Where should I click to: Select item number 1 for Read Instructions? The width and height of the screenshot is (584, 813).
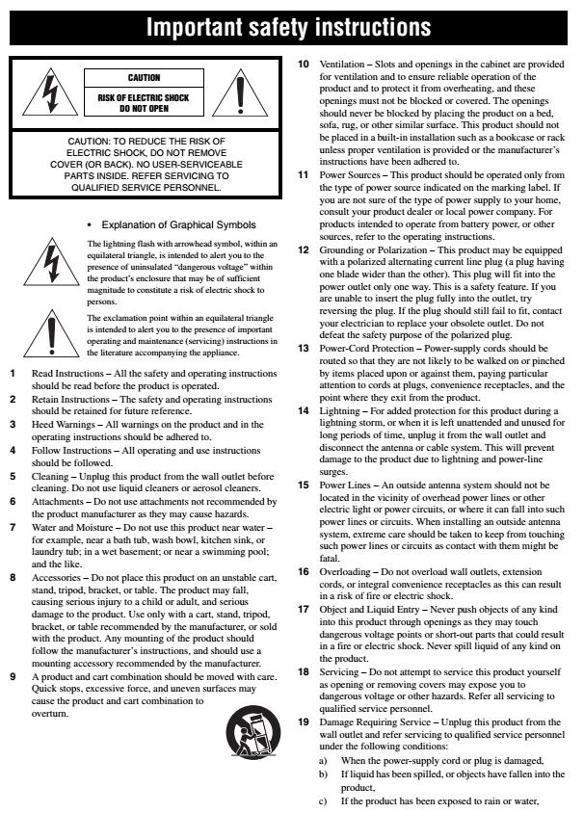click(x=13, y=371)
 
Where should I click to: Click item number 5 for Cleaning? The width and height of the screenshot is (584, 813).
click(x=13, y=447)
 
